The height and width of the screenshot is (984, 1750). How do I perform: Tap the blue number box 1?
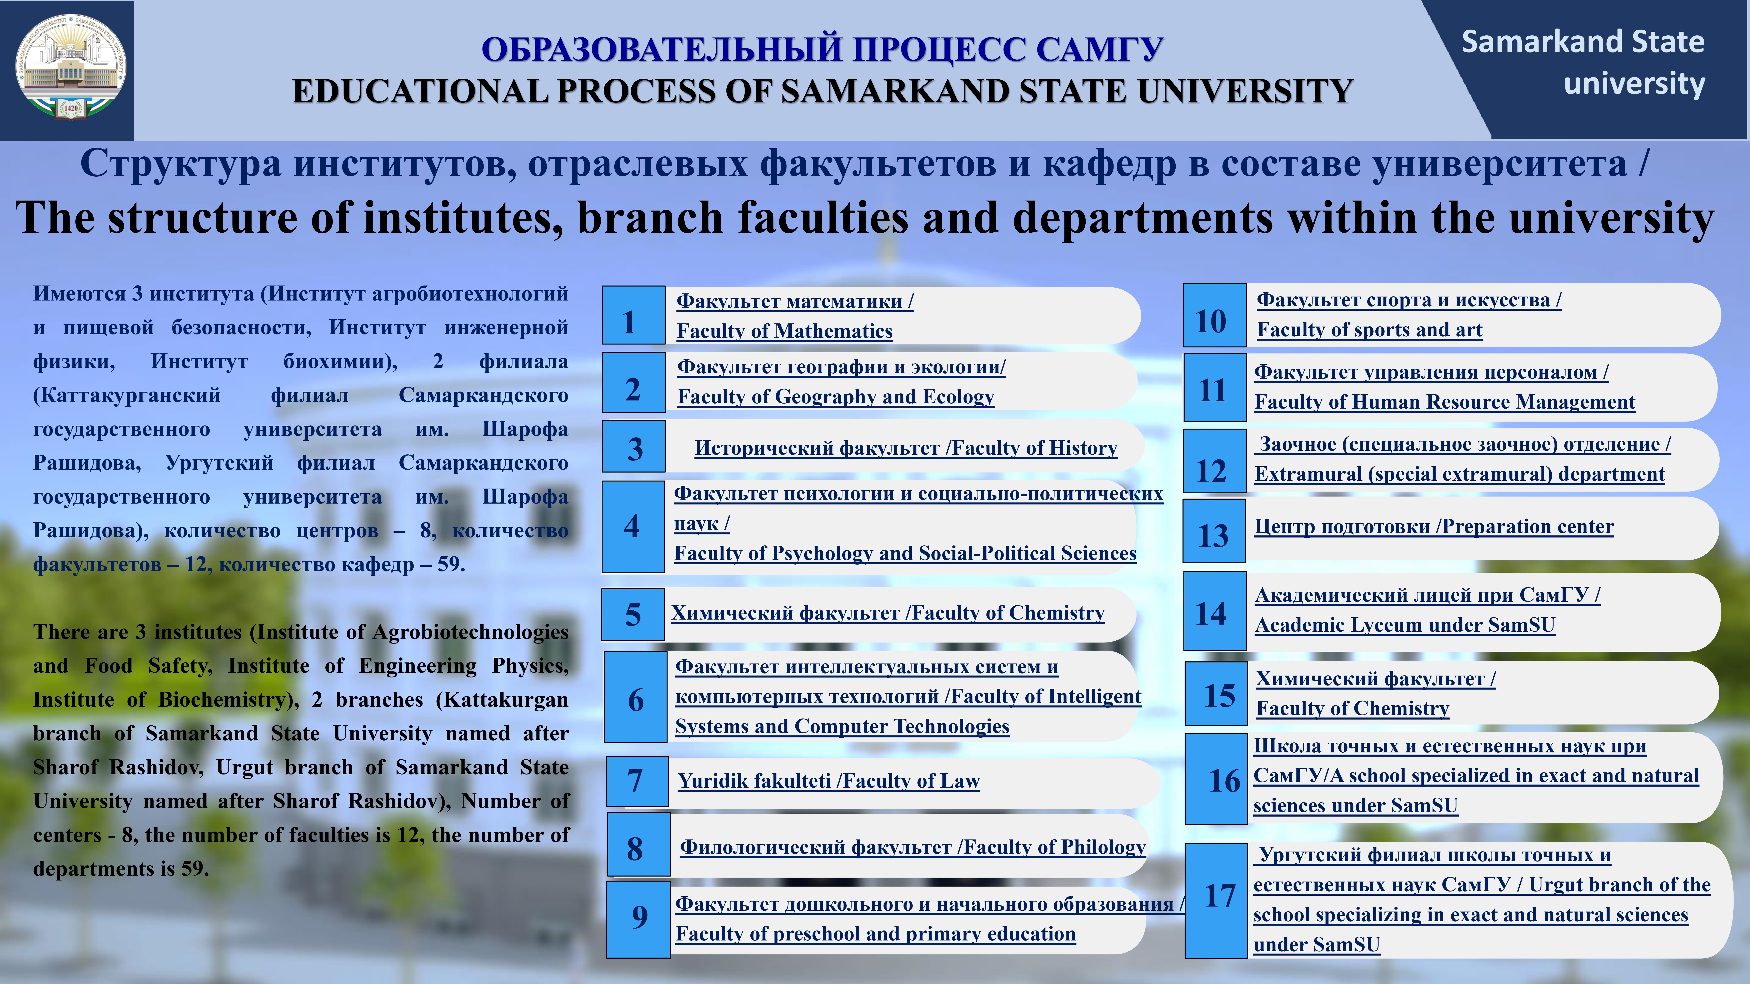633,315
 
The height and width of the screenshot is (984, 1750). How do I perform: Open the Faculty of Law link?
829,781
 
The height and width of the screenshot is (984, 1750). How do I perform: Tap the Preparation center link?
1433,527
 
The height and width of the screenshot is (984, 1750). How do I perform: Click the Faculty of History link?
906,448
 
